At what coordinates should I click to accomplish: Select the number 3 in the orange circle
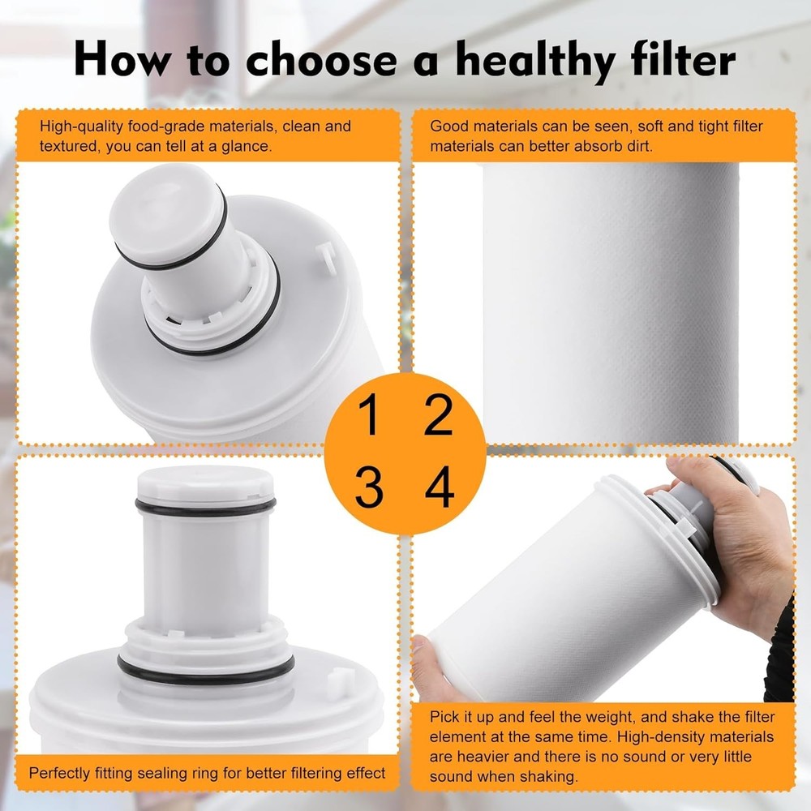(369, 487)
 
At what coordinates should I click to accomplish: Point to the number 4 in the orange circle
(440, 487)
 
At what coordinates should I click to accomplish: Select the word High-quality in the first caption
(79, 127)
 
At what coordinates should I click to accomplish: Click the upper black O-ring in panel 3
(205, 507)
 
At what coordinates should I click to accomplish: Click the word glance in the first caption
(247, 147)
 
